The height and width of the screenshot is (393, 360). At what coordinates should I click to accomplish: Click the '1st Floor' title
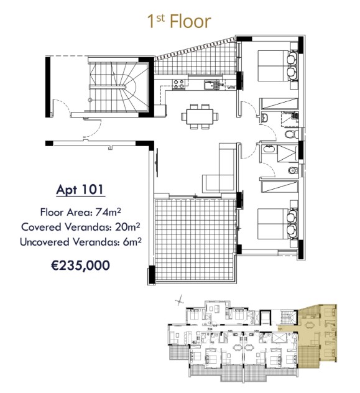tap(179, 21)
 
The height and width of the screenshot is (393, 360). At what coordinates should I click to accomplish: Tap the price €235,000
tap(80, 266)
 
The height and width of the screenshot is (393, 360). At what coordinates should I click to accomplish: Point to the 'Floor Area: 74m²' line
tap(80, 211)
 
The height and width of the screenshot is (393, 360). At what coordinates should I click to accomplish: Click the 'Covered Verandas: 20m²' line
tap(80, 226)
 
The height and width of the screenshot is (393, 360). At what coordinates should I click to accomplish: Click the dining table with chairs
tap(200, 116)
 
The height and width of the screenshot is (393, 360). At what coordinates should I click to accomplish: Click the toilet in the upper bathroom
tap(288, 134)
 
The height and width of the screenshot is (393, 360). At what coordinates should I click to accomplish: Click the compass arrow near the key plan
tap(180, 300)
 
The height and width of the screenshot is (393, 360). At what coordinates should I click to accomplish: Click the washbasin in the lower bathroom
tap(268, 149)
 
